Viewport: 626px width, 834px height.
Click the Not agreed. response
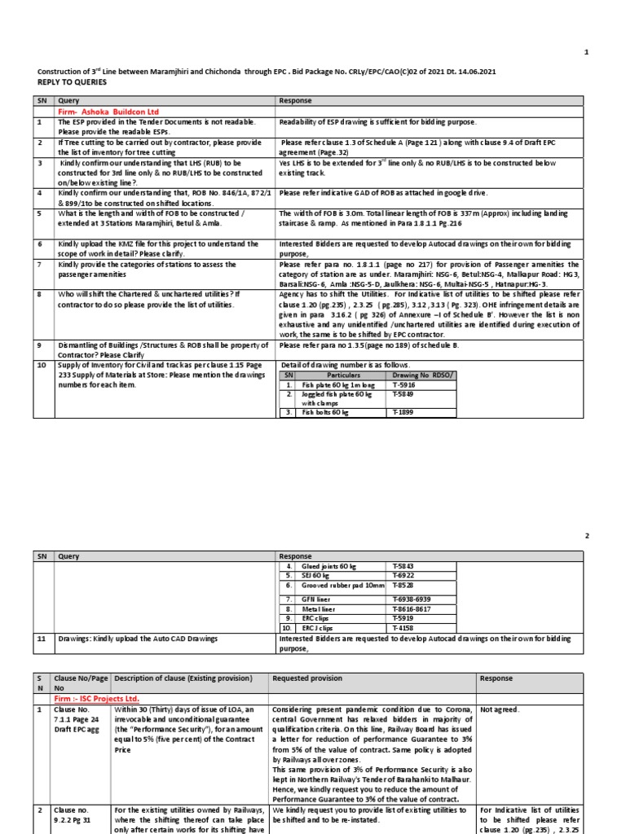tap(501, 709)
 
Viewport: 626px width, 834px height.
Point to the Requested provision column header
tap(307, 678)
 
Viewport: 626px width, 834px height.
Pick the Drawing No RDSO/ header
tap(421, 374)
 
